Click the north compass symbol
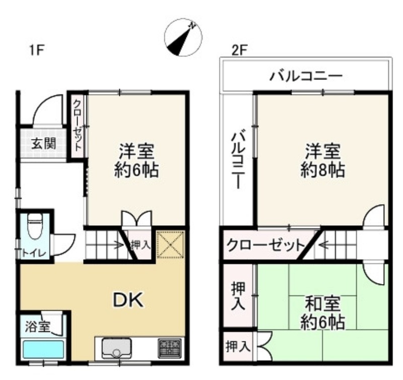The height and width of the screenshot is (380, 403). click(183, 37)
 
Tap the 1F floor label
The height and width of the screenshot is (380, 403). click(37, 50)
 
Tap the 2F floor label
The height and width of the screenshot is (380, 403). click(239, 50)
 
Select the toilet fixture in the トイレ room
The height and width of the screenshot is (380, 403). click(35, 226)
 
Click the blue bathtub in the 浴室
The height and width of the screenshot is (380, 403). click(43, 349)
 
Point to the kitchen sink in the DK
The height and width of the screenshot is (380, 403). click(117, 348)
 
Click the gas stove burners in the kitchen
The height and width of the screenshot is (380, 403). click(170, 348)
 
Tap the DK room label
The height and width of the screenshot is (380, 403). click(128, 300)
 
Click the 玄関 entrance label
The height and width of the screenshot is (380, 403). click(44, 144)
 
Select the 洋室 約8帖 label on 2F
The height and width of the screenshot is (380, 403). click(323, 160)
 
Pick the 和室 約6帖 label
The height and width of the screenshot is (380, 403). click(323, 313)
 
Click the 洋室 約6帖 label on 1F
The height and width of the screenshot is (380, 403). click(137, 160)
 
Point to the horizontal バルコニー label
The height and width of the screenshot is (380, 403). click(306, 76)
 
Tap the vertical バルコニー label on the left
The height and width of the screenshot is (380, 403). click(238, 160)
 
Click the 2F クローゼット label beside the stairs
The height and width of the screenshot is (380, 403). click(265, 245)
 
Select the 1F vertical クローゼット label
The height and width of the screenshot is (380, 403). click(77, 125)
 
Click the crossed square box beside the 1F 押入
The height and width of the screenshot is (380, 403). click(170, 244)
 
